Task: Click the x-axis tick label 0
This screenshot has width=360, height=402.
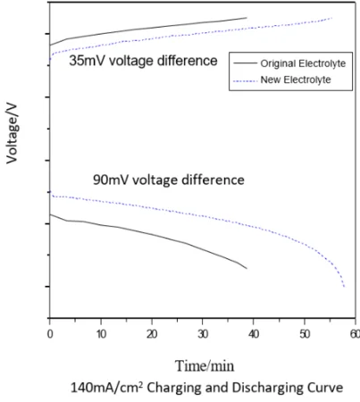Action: (x=50, y=333)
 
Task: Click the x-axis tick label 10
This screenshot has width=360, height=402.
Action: (x=101, y=333)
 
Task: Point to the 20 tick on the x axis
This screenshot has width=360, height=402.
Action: (x=152, y=333)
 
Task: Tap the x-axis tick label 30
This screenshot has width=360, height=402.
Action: (x=203, y=333)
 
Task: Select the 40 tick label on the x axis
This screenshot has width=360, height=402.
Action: (x=254, y=333)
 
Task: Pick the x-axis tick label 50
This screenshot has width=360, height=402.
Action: (x=305, y=333)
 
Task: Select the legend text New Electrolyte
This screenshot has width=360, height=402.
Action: (x=296, y=80)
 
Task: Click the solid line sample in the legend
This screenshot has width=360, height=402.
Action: (x=242, y=64)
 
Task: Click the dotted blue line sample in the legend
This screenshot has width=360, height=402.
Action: (x=242, y=80)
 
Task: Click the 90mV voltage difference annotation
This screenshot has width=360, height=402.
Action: (x=169, y=179)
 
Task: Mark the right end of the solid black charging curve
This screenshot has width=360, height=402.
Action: (x=247, y=18)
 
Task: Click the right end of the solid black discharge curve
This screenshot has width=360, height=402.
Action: (x=246, y=268)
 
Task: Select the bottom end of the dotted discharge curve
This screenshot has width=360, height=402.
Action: (x=344, y=288)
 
